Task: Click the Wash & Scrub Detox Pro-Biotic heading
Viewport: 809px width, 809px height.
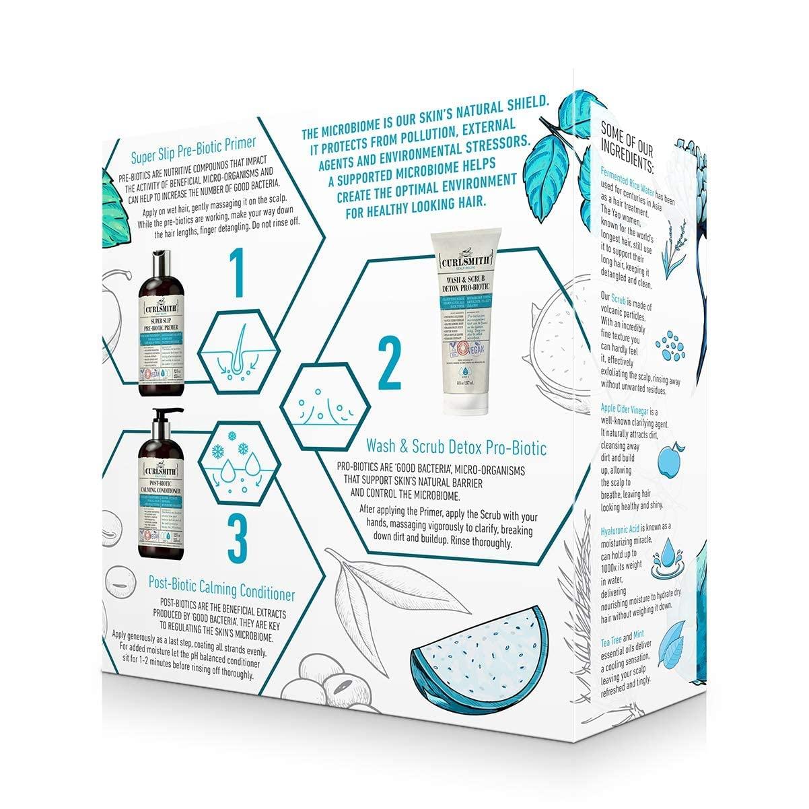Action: click(x=456, y=447)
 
